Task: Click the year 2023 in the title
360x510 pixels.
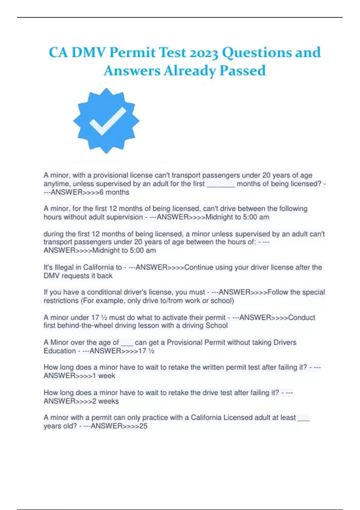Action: (x=204, y=53)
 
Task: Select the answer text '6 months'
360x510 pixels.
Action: (x=115, y=192)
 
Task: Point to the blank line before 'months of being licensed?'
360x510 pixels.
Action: (x=221, y=184)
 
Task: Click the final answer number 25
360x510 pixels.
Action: (x=143, y=426)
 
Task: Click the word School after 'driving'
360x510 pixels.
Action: (x=216, y=325)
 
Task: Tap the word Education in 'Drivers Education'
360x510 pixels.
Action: (x=60, y=351)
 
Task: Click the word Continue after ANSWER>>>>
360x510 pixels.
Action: (x=199, y=267)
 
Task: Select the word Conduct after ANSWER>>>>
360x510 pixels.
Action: (x=301, y=317)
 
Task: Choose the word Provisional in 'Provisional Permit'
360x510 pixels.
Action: (x=185, y=342)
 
